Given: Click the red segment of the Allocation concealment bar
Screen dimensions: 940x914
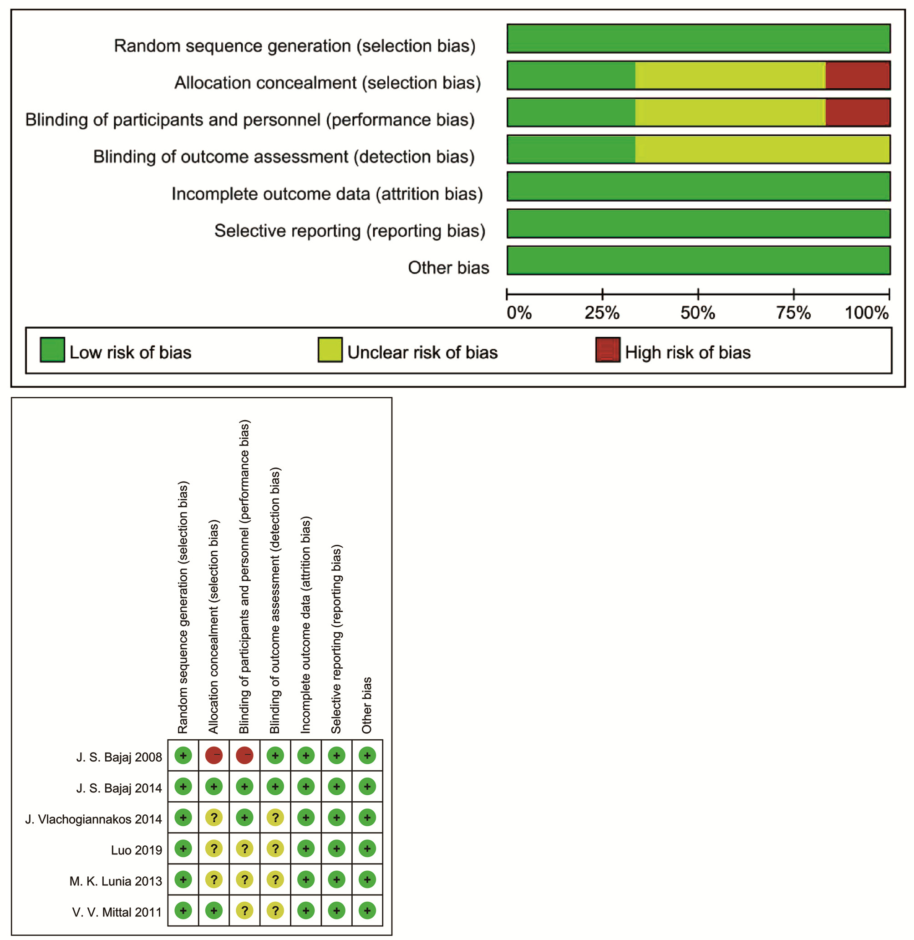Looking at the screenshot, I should point(858,76).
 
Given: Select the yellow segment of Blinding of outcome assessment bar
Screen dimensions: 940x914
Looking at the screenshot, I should point(762,149).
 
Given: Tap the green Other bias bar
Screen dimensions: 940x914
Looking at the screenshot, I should point(698,260).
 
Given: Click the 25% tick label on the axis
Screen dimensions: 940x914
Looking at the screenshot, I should point(602,313).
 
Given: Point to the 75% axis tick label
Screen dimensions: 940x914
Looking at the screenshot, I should point(793,313).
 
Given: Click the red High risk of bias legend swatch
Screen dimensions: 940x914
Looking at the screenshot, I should point(608,350).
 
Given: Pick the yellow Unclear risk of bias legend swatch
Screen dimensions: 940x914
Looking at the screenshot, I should point(330,350).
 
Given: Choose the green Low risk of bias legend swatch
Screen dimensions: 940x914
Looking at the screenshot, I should point(52,350).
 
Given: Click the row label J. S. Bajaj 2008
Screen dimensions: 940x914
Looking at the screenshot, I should point(119,757).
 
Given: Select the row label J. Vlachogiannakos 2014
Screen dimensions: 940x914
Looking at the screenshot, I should point(94,819).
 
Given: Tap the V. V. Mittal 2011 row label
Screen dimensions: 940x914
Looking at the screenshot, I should point(117,912).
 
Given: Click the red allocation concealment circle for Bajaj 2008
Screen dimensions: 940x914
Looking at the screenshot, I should point(213,756).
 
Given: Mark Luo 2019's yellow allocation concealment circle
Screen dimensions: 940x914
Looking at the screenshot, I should point(213,849).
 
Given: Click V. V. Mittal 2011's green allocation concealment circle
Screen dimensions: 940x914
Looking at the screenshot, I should point(213,910).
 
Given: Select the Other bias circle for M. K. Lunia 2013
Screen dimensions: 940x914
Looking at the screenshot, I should point(367,879).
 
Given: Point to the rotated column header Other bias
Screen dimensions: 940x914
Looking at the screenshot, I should point(367,705).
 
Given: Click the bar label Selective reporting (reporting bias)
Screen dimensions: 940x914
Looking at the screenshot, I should point(350,231).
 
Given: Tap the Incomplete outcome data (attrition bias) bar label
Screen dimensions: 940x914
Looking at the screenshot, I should point(327,194).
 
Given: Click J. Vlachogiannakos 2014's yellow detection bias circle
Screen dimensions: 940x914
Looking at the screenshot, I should point(275,818).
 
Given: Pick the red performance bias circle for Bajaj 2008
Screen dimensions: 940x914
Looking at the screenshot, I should point(244,756).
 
